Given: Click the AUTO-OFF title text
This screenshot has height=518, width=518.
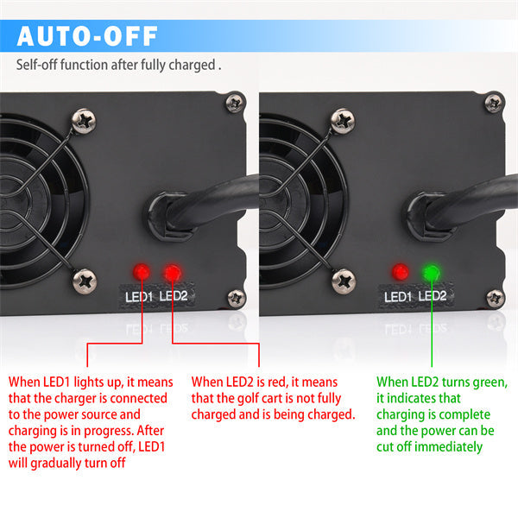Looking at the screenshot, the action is (87, 36).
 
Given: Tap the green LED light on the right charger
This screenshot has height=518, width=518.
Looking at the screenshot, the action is (432, 273).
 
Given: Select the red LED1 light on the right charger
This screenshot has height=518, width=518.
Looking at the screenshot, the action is (400, 272).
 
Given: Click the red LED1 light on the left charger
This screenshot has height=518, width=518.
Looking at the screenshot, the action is (142, 272).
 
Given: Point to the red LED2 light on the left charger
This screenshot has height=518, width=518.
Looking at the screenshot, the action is (173, 273).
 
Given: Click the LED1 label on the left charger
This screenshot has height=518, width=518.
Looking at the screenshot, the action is (139, 297).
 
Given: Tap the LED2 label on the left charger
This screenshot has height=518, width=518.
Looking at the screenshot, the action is (174, 296).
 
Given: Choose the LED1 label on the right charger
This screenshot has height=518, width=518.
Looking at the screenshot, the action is (398, 297).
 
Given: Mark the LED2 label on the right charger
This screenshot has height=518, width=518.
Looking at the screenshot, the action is (433, 296).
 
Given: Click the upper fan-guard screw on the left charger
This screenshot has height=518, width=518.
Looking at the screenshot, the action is (84, 121).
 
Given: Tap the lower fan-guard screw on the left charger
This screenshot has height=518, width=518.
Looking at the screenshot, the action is (85, 281).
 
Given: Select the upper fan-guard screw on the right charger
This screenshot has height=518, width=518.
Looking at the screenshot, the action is (343, 121).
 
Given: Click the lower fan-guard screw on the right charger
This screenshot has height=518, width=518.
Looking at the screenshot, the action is (344, 281).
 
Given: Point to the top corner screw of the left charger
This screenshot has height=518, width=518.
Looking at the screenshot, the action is (235, 103).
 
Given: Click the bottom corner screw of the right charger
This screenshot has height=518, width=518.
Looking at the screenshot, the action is (496, 299).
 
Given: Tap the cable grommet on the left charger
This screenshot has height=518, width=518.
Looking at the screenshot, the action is (168, 217).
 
